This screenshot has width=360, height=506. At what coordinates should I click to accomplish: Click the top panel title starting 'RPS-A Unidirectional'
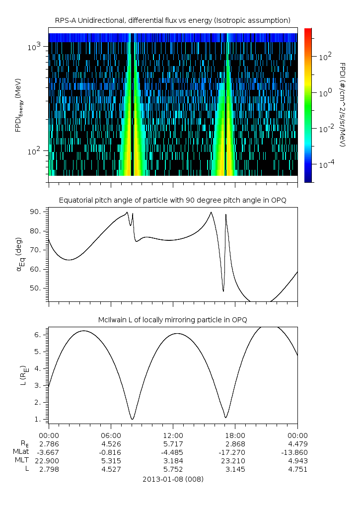click(173, 20)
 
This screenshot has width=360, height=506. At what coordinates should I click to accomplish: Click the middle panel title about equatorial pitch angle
click(173, 200)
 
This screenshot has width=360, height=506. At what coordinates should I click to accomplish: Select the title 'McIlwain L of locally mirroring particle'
click(173, 319)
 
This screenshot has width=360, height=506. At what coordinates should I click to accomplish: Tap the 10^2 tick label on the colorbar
click(324, 57)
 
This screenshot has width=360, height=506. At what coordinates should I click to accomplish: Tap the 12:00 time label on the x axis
click(173, 434)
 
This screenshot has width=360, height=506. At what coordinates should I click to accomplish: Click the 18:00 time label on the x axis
click(235, 434)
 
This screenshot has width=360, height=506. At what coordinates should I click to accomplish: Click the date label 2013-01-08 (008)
click(173, 479)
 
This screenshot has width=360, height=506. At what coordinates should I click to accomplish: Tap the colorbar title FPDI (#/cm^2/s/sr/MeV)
click(342, 104)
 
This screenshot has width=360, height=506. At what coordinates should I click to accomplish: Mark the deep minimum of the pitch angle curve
click(223, 291)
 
